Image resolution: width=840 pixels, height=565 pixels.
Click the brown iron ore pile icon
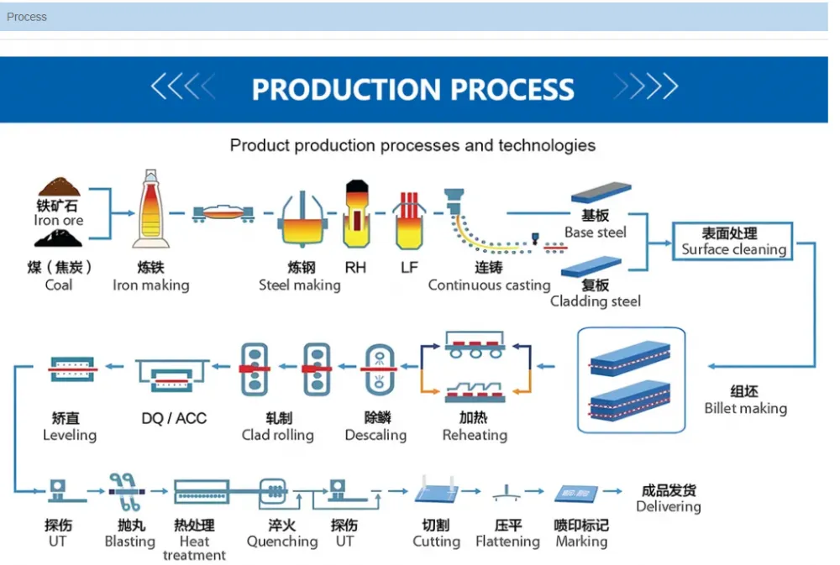click(x=60, y=187)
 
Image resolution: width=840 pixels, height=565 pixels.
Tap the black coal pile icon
click(x=59, y=238)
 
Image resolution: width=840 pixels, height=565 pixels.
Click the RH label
click(x=355, y=267)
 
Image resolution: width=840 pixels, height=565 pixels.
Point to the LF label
click(x=409, y=267)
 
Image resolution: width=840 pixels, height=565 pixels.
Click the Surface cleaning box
click(x=732, y=241)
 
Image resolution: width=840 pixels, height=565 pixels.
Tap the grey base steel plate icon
click(x=601, y=192)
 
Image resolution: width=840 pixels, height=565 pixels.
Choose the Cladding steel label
click(x=596, y=301)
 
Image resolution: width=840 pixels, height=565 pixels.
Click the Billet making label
click(x=745, y=408)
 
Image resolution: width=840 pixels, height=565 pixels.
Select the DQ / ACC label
click(x=174, y=418)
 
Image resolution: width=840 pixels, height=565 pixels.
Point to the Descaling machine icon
click(x=380, y=369)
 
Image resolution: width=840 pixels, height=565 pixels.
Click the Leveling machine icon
click(x=72, y=369)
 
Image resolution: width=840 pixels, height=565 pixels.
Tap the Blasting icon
click(x=126, y=492)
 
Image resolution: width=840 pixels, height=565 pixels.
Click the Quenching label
click(x=282, y=541)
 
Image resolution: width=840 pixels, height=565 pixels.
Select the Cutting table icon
click(x=437, y=490)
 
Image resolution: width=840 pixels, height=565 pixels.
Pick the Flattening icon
click(x=507, y=494)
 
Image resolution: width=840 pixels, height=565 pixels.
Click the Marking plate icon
click(x=576, y=494)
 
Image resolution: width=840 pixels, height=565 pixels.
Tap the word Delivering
click(x=669, y=506)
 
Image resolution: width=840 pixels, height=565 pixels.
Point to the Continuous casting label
click(x=489, y=285)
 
